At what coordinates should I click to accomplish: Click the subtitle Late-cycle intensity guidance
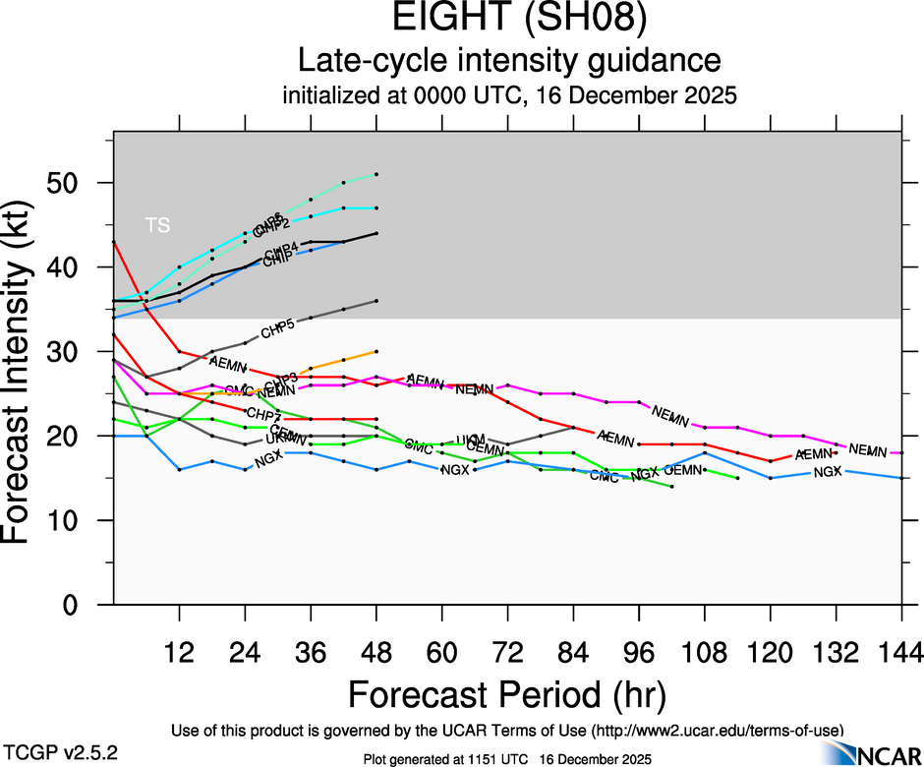(x=509, y=62)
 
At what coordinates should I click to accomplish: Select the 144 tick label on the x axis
(x=901, y=651)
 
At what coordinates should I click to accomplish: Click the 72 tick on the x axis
(x=507, y=651)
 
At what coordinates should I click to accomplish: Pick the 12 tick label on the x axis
(x=179, y=651)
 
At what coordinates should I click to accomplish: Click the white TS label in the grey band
(x=157, y=225)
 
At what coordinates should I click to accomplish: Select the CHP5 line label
(x=277, y=329)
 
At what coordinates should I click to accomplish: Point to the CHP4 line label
(x=281, y=248)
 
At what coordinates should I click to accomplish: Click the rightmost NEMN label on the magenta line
(x=868, y=449)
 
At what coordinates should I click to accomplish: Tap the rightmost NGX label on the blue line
(x=829, y=472)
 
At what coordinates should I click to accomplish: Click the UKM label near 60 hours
(x=472, y=440)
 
